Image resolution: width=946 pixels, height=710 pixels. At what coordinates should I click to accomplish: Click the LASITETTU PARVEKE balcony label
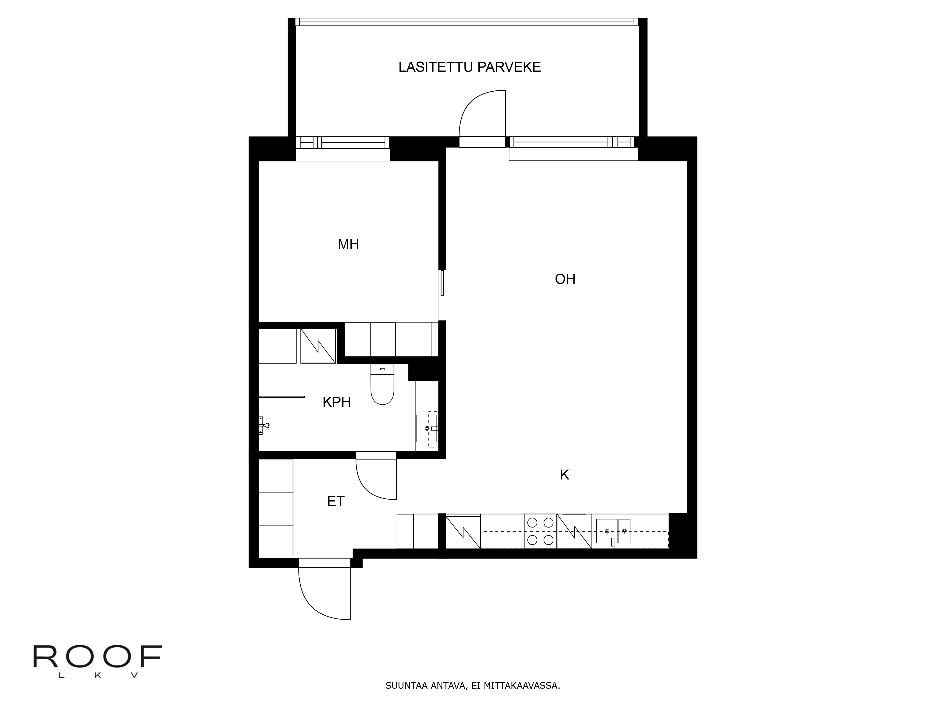(x=470, y=67)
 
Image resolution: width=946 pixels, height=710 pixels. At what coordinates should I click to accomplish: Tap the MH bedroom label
(x=348, y=244)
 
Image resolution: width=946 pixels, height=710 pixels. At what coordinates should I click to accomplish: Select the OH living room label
(x=565, y=279)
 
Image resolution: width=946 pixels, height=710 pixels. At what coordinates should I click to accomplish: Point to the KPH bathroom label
(x=337, y=402)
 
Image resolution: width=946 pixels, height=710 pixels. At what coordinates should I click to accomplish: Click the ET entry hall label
(x=336, y=501)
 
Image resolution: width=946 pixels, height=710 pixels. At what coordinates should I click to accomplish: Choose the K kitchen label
(x=565, y=475)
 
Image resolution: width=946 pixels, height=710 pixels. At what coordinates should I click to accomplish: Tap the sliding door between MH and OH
(x=442, y=283)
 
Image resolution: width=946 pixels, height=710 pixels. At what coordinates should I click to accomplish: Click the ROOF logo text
(x=98, y=657)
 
